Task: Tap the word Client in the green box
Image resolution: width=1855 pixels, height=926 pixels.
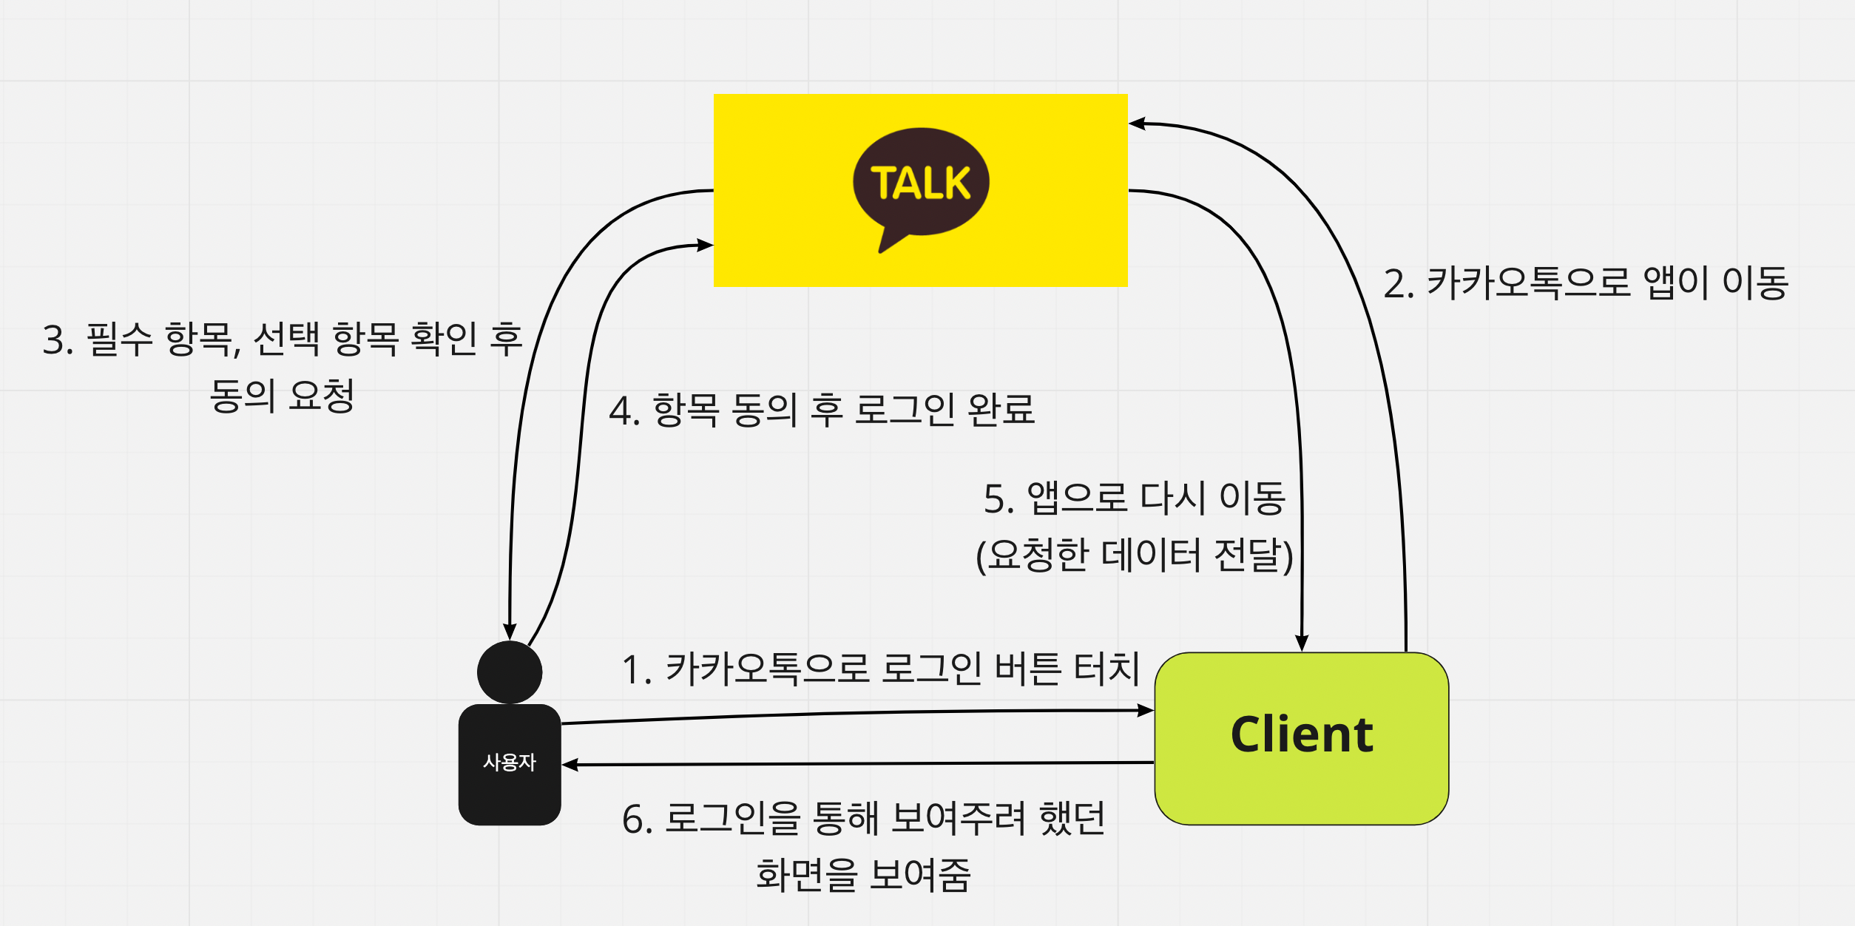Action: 1302,735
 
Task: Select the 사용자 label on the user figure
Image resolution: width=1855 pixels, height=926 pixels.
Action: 510,763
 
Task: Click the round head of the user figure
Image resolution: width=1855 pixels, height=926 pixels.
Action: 510,672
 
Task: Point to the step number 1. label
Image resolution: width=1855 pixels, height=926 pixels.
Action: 636,671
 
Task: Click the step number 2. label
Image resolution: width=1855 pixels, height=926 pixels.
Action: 1398,285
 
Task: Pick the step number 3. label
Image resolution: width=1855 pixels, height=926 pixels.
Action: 58,341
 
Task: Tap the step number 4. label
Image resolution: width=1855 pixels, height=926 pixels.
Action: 624,412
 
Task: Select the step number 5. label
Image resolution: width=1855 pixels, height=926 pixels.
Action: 999,499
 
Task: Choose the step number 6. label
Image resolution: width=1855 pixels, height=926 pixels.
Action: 637,820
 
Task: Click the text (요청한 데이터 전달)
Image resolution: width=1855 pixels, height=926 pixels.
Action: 1135,555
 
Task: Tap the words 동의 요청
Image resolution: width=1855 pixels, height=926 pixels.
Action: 282,396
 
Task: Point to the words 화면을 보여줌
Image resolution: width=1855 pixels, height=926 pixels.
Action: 863,876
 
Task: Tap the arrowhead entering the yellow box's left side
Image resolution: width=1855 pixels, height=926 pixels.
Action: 705,245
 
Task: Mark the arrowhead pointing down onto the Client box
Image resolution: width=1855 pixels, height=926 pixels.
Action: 1302,643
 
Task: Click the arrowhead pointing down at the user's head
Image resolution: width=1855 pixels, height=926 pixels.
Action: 510,631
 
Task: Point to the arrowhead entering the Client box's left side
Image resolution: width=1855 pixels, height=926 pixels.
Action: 1146,711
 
